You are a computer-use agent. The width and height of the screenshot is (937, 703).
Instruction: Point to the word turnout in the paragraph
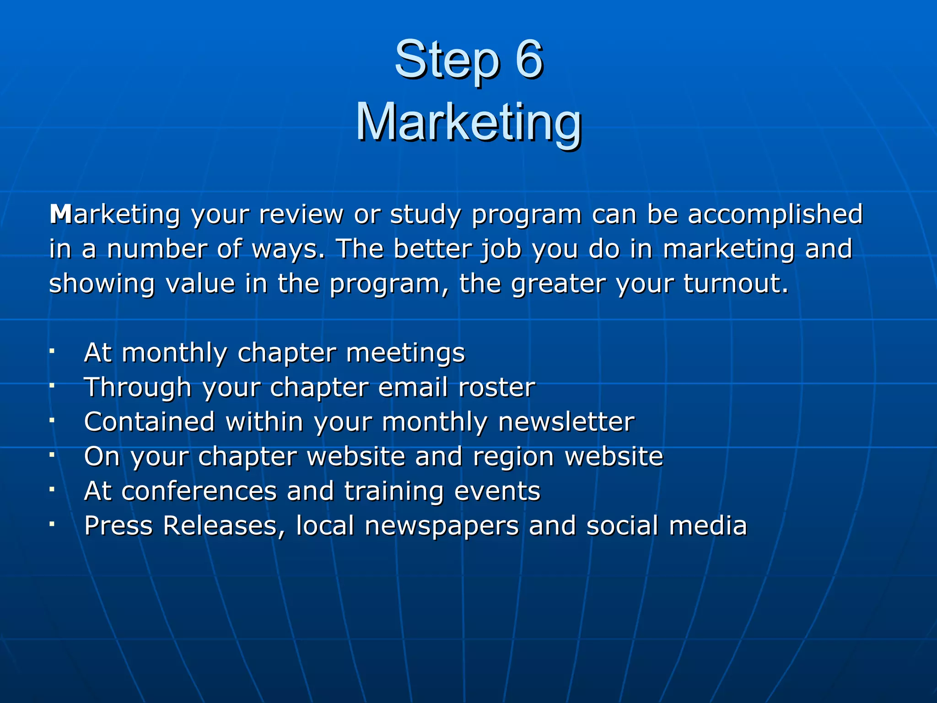click(x=736, y=283)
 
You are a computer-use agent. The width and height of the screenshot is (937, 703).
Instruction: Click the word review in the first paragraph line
click(x=301, y=214)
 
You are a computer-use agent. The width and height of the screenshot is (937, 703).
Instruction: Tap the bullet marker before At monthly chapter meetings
click(x=53, y=351)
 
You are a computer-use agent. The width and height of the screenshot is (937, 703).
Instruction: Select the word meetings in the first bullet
click(x=405, y=353)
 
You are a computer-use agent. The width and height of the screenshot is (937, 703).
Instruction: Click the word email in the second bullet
click(x=413, y=387)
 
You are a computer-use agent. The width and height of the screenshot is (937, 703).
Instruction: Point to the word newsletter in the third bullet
click(x=566, y=422)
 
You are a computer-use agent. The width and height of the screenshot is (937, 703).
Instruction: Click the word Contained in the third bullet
click(x=150, y=422)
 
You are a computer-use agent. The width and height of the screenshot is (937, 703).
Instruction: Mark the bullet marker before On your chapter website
click(x=53, y=455)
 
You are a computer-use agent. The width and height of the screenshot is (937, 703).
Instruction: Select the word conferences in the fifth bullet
click(x=199, y=491)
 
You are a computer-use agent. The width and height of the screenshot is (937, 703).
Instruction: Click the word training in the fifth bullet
click(x=393, y=492)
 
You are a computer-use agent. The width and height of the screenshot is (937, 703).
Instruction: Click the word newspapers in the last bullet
click(x=442, y=526)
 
